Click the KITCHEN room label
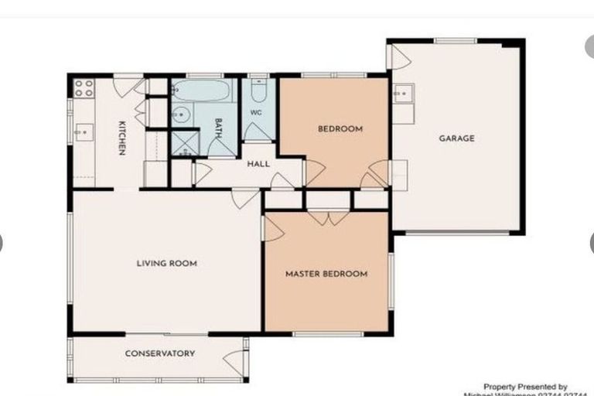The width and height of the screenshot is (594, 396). pyautogui.click(x=121, y=138)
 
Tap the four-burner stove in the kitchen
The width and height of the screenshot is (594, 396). pyautogui.click(x=84, y=87)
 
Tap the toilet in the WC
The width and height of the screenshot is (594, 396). pyautogui.click(x=258, y=94)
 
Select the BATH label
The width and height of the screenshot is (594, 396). pyautogui.click(x=219, y=128)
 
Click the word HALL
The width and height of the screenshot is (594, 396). pyautogui.click(x=258, y=164)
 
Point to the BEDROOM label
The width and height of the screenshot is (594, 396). pyautogui.click(x=340, y=129)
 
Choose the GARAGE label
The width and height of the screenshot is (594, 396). pyautogui.click(x=456, y=138)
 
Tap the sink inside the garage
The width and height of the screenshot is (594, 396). pyautogui.click(x=401, y=94)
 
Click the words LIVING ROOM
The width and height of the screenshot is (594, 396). pyautogui.click(x=166, y=264)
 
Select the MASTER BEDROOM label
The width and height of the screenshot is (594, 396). pyautogui.click(x=326, y=274)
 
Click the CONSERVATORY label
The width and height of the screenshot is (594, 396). pyautogui.click(x=159, y=353)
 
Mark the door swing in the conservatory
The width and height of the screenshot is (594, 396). pyautogui.click(x=233, y=360)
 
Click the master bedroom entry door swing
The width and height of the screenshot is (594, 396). pyautogui.click(x=272, y=228)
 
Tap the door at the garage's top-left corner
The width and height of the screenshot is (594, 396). pyautogui.click(x=398, y=56)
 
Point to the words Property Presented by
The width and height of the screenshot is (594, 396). pyautogui.click(x=525, y=386)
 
